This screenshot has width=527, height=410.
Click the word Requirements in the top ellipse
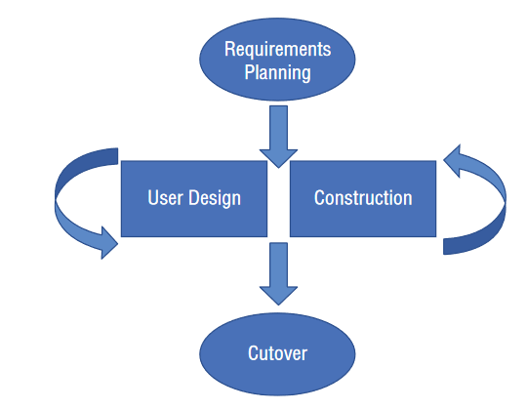[277, 50]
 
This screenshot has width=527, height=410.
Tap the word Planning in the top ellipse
[277, 72]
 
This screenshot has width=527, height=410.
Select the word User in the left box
[165, 197]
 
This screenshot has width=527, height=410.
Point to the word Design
[215, 198]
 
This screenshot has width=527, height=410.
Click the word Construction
[363, 197]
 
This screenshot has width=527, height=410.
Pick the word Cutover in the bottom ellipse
[277, 353]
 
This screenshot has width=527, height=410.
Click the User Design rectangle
[194, 198]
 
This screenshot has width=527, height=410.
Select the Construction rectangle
[363, 198]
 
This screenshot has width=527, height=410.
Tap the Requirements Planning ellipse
[277, 60]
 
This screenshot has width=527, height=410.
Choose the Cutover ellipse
[277, 354]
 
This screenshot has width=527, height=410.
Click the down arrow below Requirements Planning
[278, 137]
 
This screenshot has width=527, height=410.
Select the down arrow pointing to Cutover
[278, 274]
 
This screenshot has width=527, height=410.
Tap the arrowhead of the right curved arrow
[452, 161]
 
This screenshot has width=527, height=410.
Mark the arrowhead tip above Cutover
[278, 306]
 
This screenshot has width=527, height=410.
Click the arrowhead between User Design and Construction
[278, 158]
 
